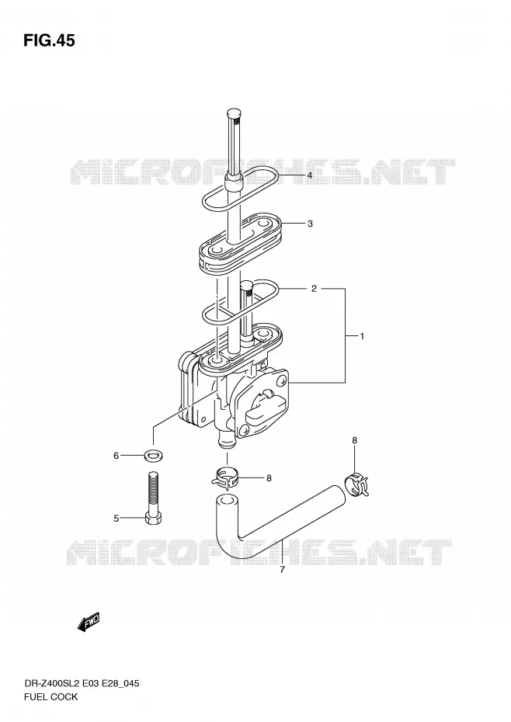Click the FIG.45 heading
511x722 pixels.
(x=49, y=41)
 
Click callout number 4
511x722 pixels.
(x=310, y=175)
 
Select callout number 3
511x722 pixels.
(x=310, y=224)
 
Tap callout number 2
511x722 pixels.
(x=314, y=289)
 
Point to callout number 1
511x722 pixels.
(x=362, y=336)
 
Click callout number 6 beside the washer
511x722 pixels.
(x=116, y=456)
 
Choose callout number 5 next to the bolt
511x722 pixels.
(x=116, y=519)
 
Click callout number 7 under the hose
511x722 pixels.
(x=282, y=570)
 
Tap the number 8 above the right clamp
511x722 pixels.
(x=354, y=441)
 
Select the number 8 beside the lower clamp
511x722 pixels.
(x=269, y=478)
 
